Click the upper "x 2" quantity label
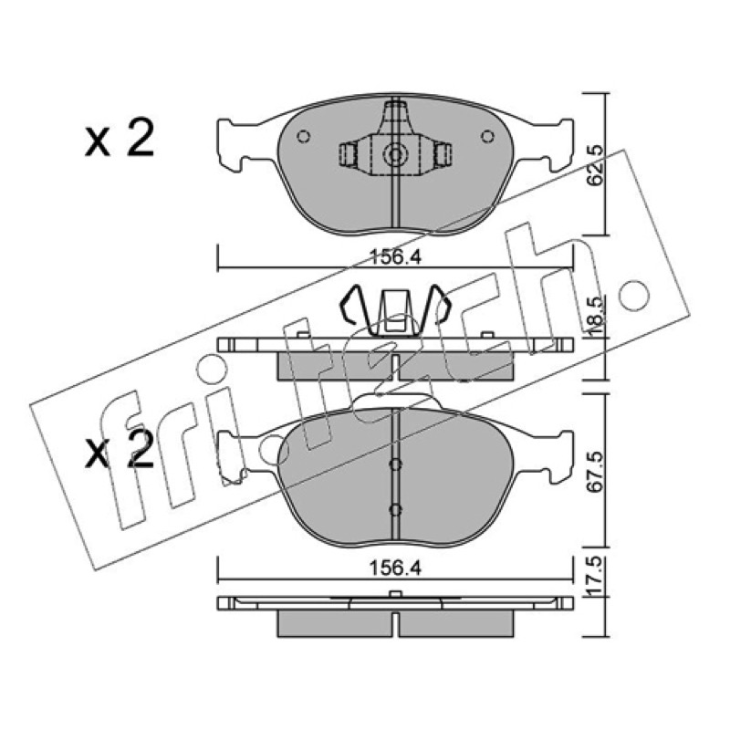120,139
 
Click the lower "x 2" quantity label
120,450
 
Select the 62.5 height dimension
595,165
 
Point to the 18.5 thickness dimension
595,316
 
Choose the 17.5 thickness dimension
595,578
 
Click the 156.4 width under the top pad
395,257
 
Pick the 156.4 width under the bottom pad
395,568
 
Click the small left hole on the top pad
304,137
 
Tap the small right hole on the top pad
487,136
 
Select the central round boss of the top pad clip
395,155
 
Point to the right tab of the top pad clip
443,154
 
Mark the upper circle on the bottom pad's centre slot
395,464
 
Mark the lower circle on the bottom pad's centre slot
395,510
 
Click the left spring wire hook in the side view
355,308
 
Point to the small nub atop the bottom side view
395,594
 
